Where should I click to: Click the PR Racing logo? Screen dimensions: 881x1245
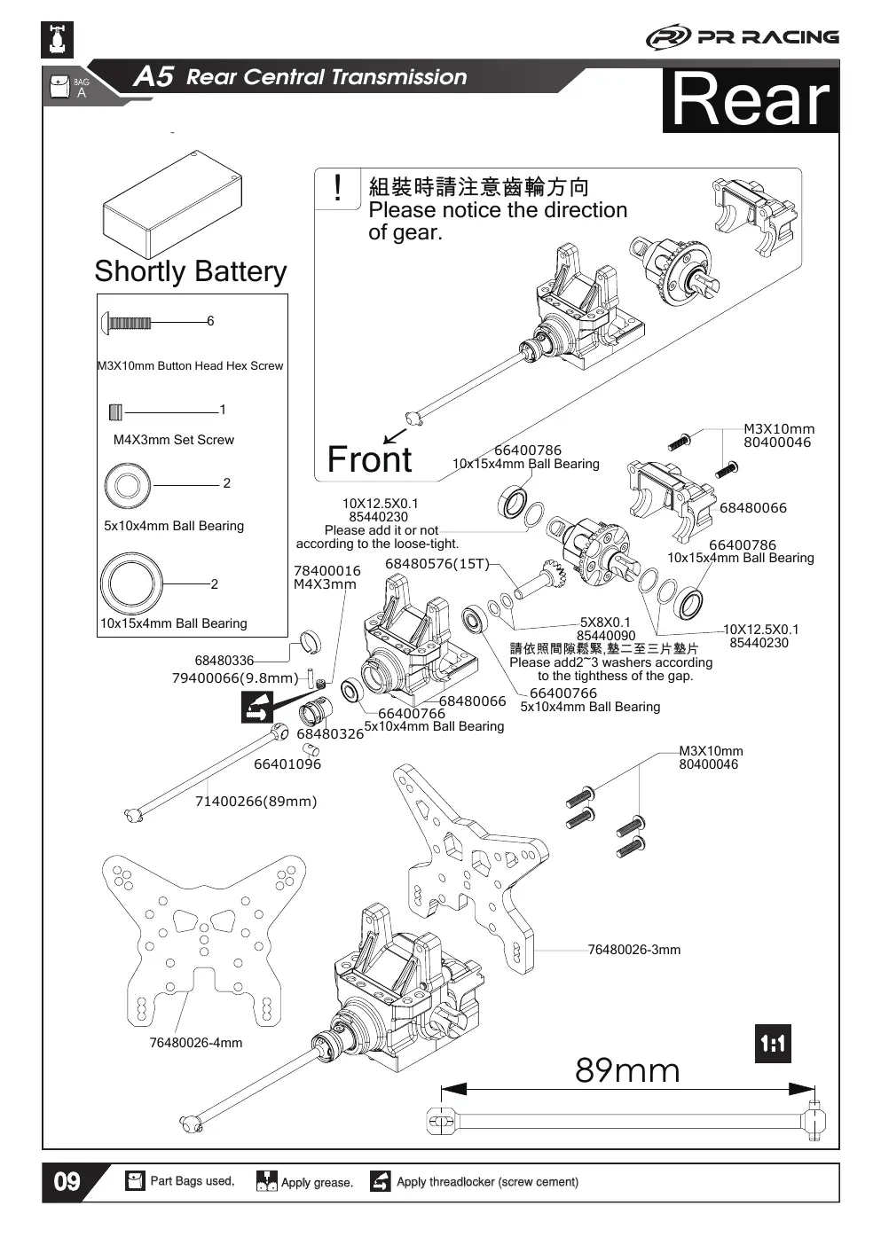[x=743, y=38]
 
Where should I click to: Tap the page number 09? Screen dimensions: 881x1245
[x=67, y=1182]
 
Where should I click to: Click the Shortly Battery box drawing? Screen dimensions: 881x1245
[x=172, y=204]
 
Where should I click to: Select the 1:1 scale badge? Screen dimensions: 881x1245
[x=773, y=1044]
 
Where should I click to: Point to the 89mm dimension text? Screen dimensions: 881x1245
[x=627, y=1070]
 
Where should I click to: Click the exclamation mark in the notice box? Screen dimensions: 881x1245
[x=337, y=187]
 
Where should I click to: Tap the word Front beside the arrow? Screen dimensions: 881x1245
[x=369, y=459]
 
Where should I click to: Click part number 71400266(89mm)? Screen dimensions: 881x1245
[x=256, y=802]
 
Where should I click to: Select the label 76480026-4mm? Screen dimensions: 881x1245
[x=196, y=1043]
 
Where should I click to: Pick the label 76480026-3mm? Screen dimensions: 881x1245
[x=634, y=950]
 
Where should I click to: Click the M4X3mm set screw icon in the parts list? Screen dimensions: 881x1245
[x=115, y=412]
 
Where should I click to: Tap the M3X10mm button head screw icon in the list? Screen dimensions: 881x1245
[x=126, y=323]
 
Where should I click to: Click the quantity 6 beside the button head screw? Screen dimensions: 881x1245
[x=210, y=321]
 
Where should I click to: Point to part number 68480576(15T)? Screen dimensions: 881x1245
[x=437, y=564]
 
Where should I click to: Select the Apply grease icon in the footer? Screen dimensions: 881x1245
[x=266, y=1181]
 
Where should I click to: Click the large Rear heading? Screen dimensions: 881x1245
[x=751, y=100]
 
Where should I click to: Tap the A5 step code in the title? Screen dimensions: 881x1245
[x=153, y=76]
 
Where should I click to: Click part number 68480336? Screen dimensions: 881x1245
[x=224, y=661]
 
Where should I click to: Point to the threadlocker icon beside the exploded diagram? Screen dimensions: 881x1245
[x=257, y=708]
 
